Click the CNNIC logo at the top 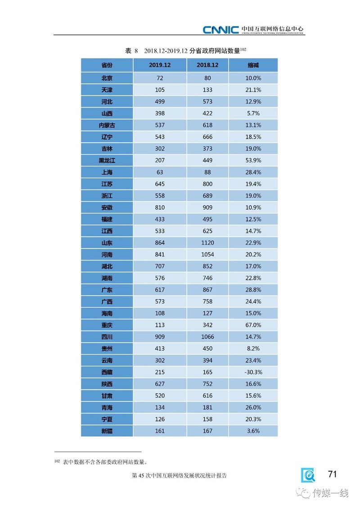(x=220, y=30)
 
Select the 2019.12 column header (x=160, y=65)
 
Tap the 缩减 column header (x=253, y=65)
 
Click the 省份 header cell (x=107, y=65)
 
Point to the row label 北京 (x=107, y=78)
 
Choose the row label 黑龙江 (x=107, y=160)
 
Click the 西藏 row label (x=107, y=372)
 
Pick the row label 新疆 (x=107, y=431)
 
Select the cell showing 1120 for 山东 (x=207, y=243)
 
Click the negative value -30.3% (x=253, y=372)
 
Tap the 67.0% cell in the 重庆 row (x=253, y=325)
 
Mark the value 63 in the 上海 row (x=160, y=172)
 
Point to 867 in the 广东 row (x=207, y=290)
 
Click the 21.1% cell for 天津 (x=253, y=90)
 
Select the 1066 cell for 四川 (x=207, y=337)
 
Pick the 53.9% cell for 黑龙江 (x=253, y=160)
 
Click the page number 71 (x=332, y=474)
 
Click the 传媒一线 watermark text (x=331, y=493)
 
